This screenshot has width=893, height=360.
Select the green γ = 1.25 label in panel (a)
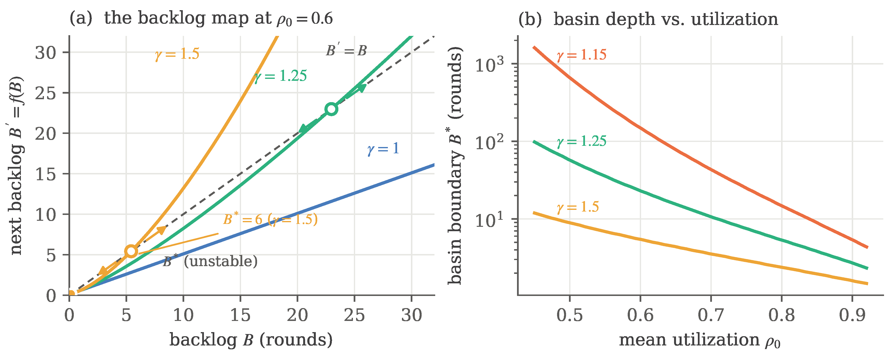point(280,76)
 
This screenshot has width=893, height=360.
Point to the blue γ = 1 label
point(383,149)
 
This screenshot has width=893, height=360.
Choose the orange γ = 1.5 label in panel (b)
point(577,207)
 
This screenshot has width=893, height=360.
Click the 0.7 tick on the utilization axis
point(711,315)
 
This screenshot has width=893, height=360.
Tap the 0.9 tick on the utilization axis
point(852,315)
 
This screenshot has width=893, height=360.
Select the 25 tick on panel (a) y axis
point(45,93)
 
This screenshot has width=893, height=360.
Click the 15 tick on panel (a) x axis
point(240,315)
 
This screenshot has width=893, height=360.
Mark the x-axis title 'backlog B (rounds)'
point(251,340)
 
